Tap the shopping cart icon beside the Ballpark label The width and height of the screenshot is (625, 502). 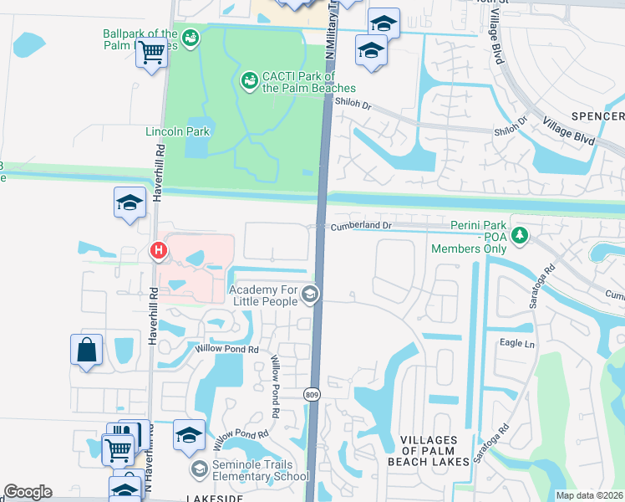152,53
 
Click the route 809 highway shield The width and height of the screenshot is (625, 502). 312,393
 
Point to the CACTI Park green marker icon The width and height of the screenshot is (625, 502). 248,80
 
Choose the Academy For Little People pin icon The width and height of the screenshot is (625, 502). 310,294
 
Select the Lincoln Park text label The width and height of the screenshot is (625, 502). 177,131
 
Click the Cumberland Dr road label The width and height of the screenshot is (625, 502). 361,226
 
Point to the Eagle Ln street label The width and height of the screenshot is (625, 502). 516,343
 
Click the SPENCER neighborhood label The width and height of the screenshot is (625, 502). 597,115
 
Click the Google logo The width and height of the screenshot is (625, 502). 28,492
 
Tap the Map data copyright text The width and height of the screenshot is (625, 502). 590,495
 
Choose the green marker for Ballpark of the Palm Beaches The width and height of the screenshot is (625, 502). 191,37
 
